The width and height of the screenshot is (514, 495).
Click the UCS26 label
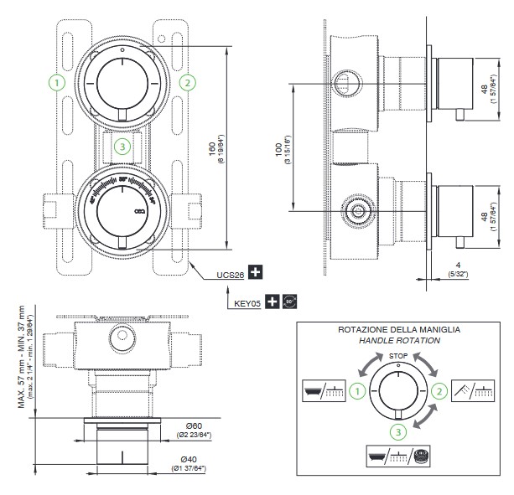[229, 273]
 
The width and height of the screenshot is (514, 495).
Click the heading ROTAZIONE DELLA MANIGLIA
[398, 330]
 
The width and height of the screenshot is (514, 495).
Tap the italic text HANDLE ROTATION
[398, 342]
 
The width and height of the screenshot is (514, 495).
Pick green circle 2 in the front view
[187, 82]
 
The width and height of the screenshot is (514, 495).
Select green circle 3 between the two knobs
[122, 147]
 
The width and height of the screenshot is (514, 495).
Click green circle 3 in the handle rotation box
[398, 431]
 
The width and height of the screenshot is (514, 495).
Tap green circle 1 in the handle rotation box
[357, 390]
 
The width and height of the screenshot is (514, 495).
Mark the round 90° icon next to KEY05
[290, 301]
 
